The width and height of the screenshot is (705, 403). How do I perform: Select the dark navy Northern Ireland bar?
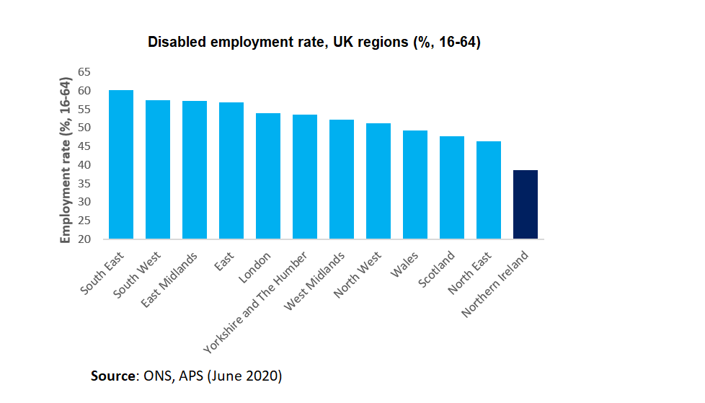coord(525,205)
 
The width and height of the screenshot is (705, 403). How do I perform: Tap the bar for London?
coord(267,176)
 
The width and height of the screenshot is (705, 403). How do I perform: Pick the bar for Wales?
coord(414,185)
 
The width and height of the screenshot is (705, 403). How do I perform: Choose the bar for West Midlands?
coord(341,180)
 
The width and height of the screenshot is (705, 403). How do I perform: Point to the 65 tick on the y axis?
coord(86,72)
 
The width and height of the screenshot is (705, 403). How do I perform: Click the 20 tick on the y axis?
coord(86,239)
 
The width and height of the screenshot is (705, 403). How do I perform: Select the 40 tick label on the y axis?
coord(86,165)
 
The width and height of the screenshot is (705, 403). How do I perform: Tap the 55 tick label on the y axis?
coord(86,109)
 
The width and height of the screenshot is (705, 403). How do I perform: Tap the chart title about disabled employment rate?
coord(314,42)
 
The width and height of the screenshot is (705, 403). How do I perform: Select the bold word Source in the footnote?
coord(112,376)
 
